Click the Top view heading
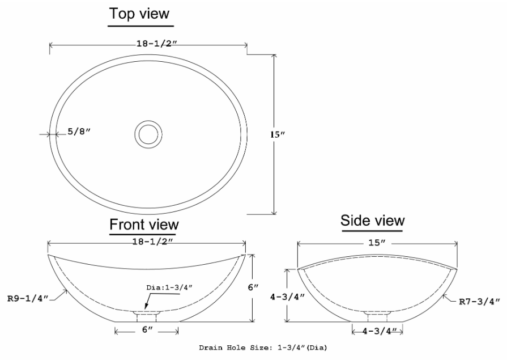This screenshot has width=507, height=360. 139,13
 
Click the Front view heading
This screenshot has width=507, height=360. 144,225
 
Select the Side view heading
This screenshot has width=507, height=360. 372,220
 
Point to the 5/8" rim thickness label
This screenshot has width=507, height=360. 79,132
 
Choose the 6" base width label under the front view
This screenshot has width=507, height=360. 147,329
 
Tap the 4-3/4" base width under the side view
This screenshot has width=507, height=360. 377,331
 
